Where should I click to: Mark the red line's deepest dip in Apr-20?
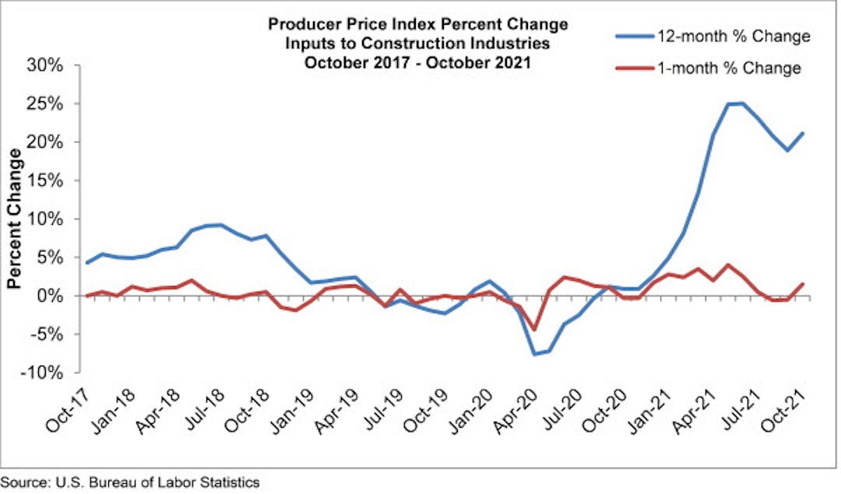tap(534, 329)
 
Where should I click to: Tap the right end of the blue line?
tap(803, 133)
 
